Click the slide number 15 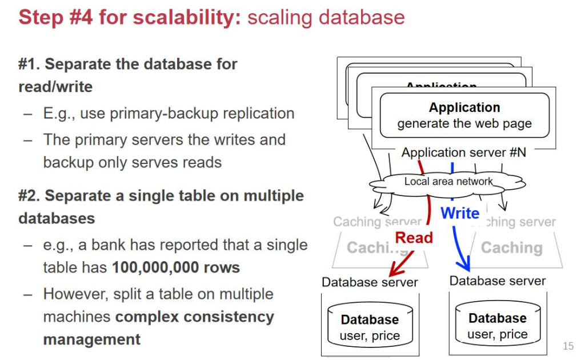coord(568,346)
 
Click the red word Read coord(414,238)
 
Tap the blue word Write coord(460,213)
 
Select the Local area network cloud coord(448,182)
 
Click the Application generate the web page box coord(464,115)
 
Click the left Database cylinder coord(370,326)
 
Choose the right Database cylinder coord(497,325)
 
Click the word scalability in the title coord(186,17)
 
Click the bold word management coord(91,339)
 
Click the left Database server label coord(370,282)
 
